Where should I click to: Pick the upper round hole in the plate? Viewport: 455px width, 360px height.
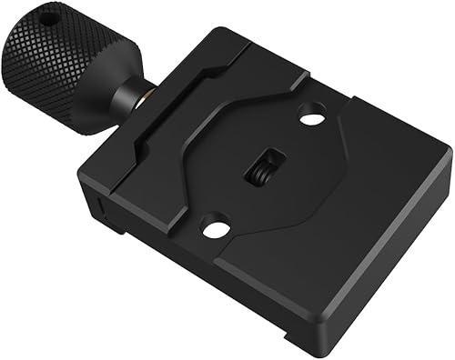click(311, 117)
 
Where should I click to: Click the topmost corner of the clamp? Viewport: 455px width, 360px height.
click(219, 29)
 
